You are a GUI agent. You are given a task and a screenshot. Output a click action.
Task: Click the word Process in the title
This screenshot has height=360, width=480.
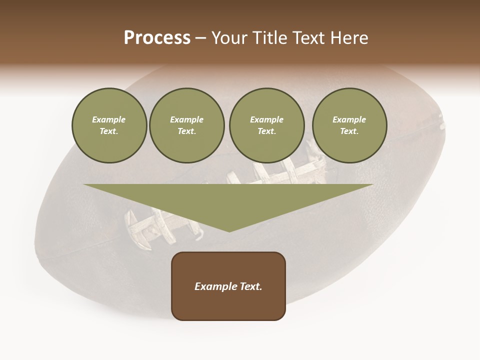[x=157, y=38]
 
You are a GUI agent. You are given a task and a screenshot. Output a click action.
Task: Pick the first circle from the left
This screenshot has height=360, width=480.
[x=109, y=125]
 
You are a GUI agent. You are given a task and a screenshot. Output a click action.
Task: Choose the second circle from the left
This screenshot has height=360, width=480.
[x=186, y=125]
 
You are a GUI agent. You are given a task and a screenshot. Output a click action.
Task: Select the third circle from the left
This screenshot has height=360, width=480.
[x=266, y=125]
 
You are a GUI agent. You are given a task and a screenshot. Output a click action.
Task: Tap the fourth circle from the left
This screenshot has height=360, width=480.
[x=349, y=125]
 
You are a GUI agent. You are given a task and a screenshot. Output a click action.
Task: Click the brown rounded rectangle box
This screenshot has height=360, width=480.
[x=228, y=305]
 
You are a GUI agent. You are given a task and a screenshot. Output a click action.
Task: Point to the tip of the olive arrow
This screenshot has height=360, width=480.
[x=229, y=231]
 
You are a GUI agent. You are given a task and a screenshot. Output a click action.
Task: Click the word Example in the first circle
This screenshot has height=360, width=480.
[x=109, y=120]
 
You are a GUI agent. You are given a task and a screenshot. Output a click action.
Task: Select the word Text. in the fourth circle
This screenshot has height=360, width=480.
[x=349, y=131]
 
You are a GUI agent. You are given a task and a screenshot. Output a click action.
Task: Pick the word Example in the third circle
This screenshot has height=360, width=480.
[x=266, y=120]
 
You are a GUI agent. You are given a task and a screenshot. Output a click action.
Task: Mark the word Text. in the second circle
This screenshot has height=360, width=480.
[x=186, y=131]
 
